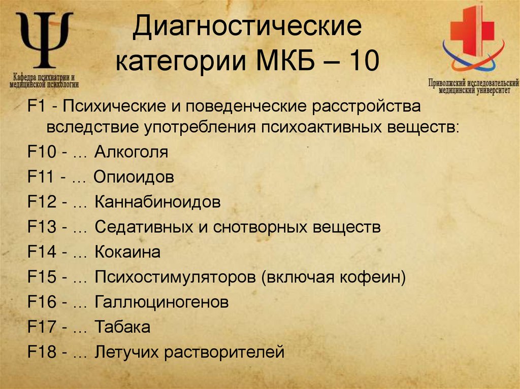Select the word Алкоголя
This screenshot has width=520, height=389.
pos(131,152)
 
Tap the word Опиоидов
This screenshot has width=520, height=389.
pos(134,178)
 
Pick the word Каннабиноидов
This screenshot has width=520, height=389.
pos(157,203)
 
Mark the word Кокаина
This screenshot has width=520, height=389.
pos(127,253)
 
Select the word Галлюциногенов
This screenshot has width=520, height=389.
pos(161,303)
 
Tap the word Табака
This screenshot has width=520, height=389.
pos(122,328)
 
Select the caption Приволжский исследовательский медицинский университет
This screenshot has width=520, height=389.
pos(473,86)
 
